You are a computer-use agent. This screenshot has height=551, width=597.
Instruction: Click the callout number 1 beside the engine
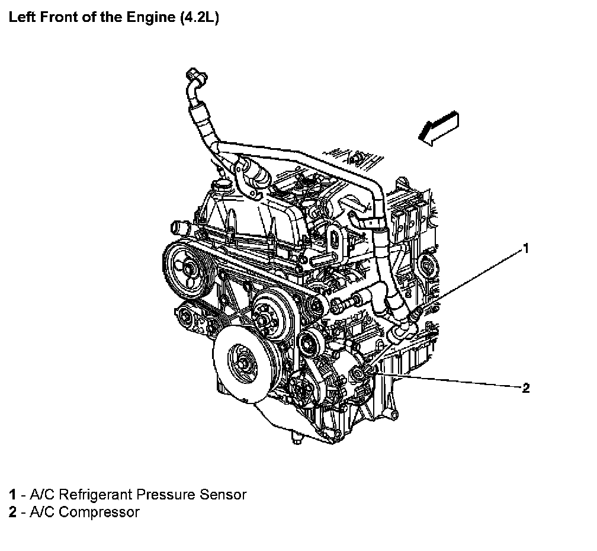tap(525, 249)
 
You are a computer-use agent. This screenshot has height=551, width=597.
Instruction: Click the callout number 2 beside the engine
tap(525, 389)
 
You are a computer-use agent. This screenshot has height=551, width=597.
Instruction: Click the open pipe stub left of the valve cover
tap(180, 228)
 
